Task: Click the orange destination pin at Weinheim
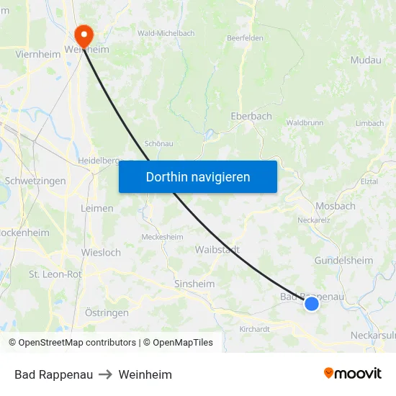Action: click(x=84, y=36)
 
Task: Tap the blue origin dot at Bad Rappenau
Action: click(x=312, y=304)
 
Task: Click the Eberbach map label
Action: click(x=251, y=116)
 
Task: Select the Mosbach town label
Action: click(x=335, y=206)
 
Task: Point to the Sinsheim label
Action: click(x=194, y=284)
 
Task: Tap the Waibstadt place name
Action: click(x=217, y=250)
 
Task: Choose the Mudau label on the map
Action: click(x=366, y=60)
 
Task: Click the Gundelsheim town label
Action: click(x=343, y=261)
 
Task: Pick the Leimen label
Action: click(x=97, y=209)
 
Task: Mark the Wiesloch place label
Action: click(x=102, y=253)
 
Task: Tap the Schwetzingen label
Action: click(x=35, y=181)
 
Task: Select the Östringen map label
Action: click(x=107, y=312)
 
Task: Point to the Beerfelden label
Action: click(x=245, y=38)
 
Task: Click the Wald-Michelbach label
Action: click(x=166, y=33)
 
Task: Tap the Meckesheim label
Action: click(x=162, y=237)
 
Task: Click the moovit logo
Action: click(x=353, y=374)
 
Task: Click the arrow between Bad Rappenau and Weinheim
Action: click(x=106, y=374)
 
